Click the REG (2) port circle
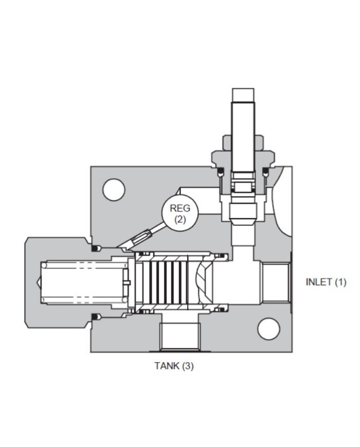click(x=179, y=212)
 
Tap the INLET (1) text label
click(x=326, y=282)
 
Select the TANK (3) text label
click(x=174, y=366)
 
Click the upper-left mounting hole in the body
click(x=114, y=189)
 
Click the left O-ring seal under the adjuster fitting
click(x=219, y=172)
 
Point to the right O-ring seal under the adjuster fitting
click(x=266, y=172)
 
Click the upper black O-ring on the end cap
click(x=95, y=249)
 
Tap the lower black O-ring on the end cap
click(x=95, y=316)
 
